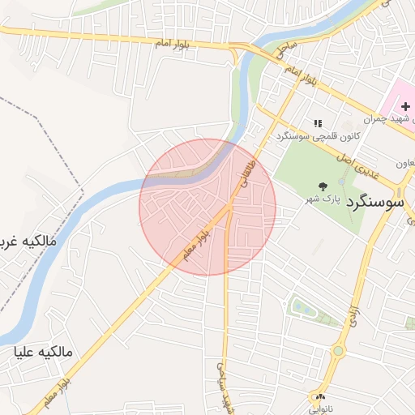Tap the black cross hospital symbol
point(405,107)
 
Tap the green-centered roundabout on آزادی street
point(337,351)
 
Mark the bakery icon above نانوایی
point(321,396)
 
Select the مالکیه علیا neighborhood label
point(44,352)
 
